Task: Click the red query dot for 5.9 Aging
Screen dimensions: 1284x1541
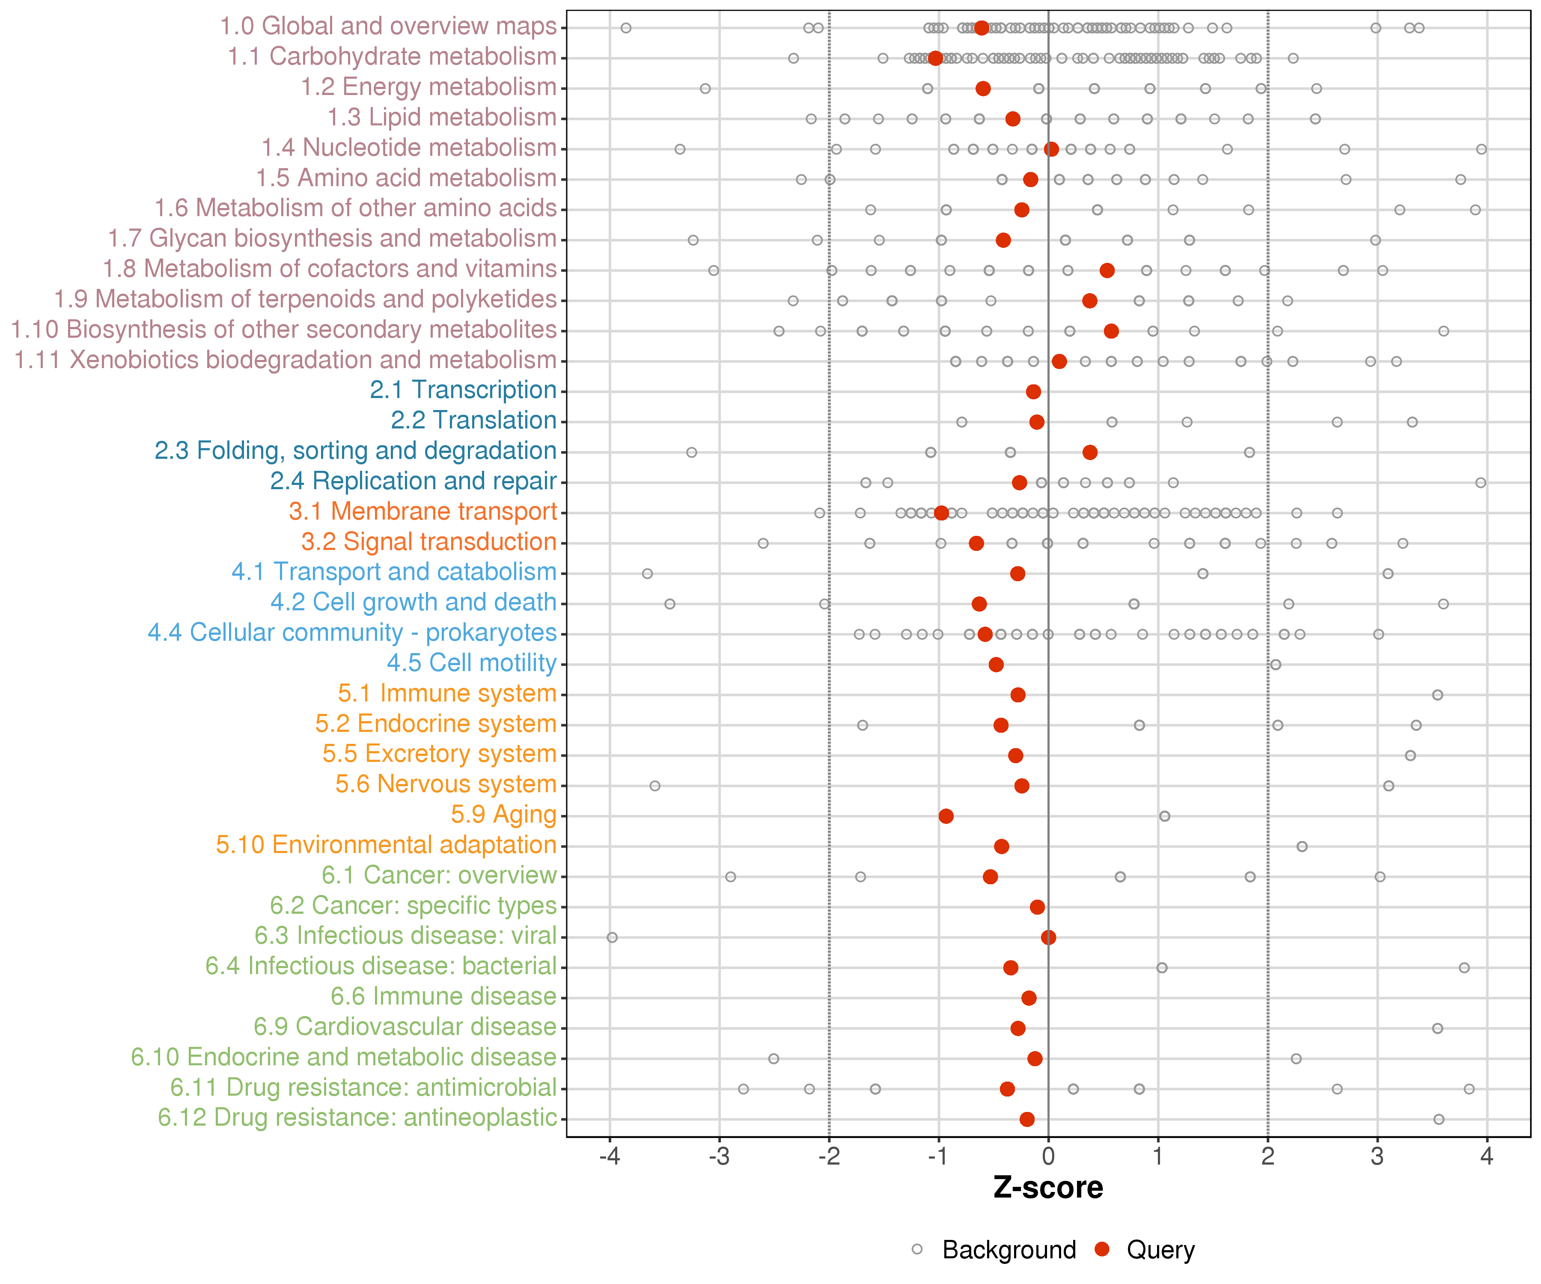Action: [x=946, y=816]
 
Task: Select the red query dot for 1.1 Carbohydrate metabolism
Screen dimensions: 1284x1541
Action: [x=935, y=58]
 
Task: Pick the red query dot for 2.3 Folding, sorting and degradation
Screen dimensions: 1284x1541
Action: [x=1090, y=452]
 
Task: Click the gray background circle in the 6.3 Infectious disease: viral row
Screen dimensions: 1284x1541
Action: [x=612, y=937]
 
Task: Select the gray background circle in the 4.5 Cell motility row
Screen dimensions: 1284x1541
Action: [x=1275, y=664]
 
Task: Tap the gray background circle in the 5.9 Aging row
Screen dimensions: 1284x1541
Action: [x=1164, y=816]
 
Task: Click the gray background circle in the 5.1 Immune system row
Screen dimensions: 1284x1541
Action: [x=1437, y=695]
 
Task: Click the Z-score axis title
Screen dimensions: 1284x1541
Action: [x=1048, y=1188]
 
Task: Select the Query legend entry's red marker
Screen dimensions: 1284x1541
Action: [x=1101, y=1249]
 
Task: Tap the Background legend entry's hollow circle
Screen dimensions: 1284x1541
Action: [x=916, y=1249]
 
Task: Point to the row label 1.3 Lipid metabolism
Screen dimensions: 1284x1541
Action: [x=442, y=117]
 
